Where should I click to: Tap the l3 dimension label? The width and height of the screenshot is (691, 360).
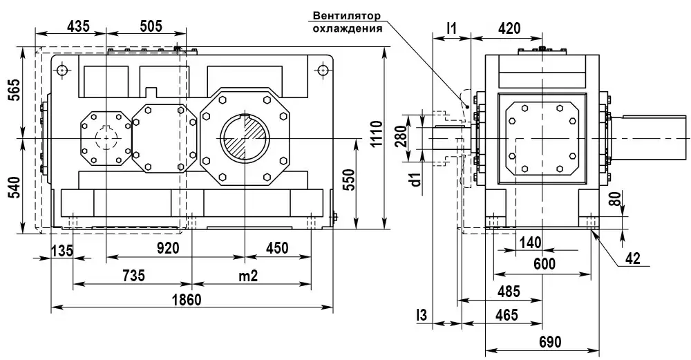(x=421, y=315)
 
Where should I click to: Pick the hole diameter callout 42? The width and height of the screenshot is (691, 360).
(x=632, y=259)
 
